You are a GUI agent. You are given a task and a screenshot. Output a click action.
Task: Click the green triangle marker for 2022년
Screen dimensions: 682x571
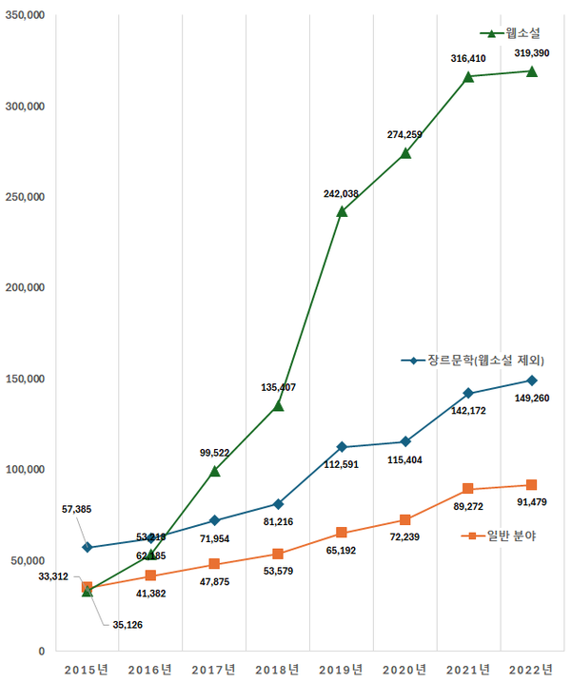pyautogui.click(x=532, y=71)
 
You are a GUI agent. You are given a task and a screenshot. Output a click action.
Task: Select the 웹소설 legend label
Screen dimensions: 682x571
pyautogui.click(x=522, y=33)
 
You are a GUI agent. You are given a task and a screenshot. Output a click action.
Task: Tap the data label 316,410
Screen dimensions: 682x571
pyautogui.click(x=468, y=59)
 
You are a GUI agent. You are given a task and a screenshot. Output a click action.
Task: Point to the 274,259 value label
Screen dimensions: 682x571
pyautogui.click(x=404, y=135)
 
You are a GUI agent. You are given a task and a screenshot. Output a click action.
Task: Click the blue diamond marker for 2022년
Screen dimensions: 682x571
pyautogui.click(x=532, y=380)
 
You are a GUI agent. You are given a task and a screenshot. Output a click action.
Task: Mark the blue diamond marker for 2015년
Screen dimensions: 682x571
pyautogui.click(x=88, y=548)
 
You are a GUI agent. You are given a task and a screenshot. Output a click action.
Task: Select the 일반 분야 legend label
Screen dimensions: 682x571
pyautogui.click(x=511, y=536)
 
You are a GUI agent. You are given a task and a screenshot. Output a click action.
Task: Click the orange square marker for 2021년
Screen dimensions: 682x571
pyautogui.click(x=468, y=489)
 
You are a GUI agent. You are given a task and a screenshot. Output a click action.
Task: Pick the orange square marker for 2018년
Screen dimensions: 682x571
pyautogui.click(x=278, y=554)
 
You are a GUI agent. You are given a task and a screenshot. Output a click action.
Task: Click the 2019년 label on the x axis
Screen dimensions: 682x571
pyautogui.click(x=341, y=670)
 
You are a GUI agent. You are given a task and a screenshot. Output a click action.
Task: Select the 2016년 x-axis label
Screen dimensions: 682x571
pyautogui.click(x=150, y=670)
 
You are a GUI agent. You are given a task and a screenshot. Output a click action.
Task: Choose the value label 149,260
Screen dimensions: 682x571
pyautogui.click(x=531, y=399)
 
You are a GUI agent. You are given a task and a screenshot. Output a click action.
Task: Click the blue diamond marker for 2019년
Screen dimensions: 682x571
pyautogui.click(x=342, y=447)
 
